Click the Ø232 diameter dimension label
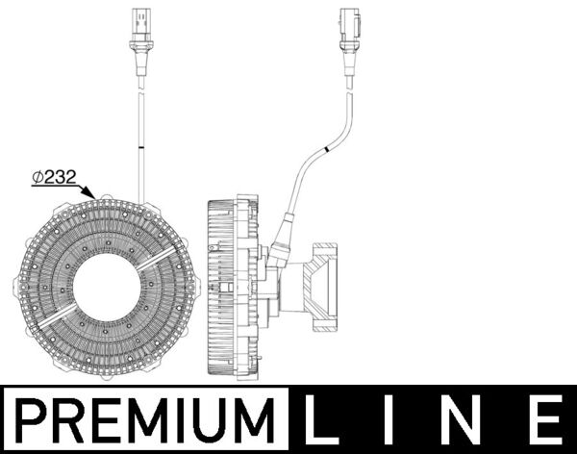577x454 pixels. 54,177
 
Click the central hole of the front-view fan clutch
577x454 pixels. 107,288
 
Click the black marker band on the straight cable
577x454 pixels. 141,148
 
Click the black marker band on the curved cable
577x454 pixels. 326,149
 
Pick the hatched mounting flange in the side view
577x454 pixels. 319,287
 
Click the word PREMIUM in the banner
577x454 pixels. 145,420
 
